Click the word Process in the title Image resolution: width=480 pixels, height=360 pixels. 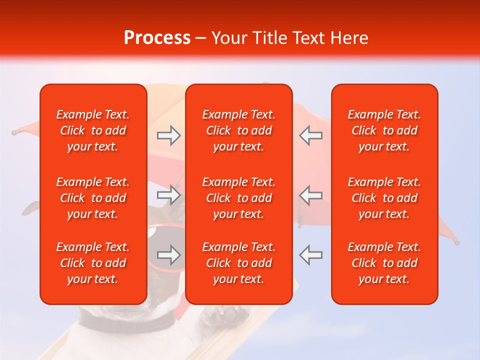click(x=157, y=38)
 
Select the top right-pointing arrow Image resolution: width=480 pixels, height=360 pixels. click(x=168, y=135)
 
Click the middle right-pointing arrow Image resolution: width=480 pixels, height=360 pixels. click(x=168, y=195)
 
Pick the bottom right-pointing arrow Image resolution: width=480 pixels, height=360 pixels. click(x=168, y=255)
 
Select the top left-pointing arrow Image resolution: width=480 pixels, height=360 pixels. click(x=310, y=135)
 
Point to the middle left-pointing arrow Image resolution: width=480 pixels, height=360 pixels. click(x=310, y=195)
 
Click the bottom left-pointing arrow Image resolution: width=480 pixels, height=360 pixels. click(x=310, y=255)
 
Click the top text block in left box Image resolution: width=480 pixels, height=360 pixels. click(x=93, y=130)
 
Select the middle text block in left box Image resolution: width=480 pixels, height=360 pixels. click(x=93, y=198)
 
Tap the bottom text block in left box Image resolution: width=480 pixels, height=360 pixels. click(x=93, y=263)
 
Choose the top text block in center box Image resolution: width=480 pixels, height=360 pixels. click(x=238, y=130)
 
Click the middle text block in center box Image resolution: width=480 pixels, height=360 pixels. click(x=238, y=198)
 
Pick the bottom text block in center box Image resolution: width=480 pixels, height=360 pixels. click(x=238, y=263)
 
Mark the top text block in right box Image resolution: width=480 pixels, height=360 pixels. click(x=384, y=130)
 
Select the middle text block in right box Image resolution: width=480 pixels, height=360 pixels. click(x=384, y=198)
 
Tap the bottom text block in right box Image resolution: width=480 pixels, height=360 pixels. click(x=384, y=263)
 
